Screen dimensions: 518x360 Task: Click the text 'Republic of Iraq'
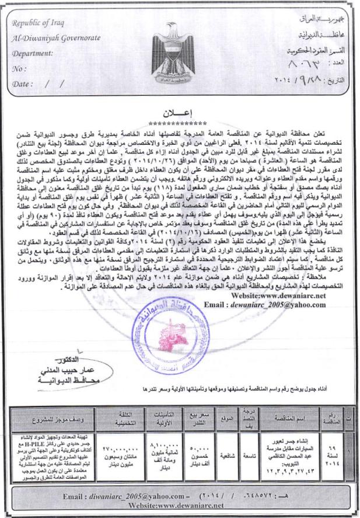(40, 23)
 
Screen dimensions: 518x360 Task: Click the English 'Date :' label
(23, 84)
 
